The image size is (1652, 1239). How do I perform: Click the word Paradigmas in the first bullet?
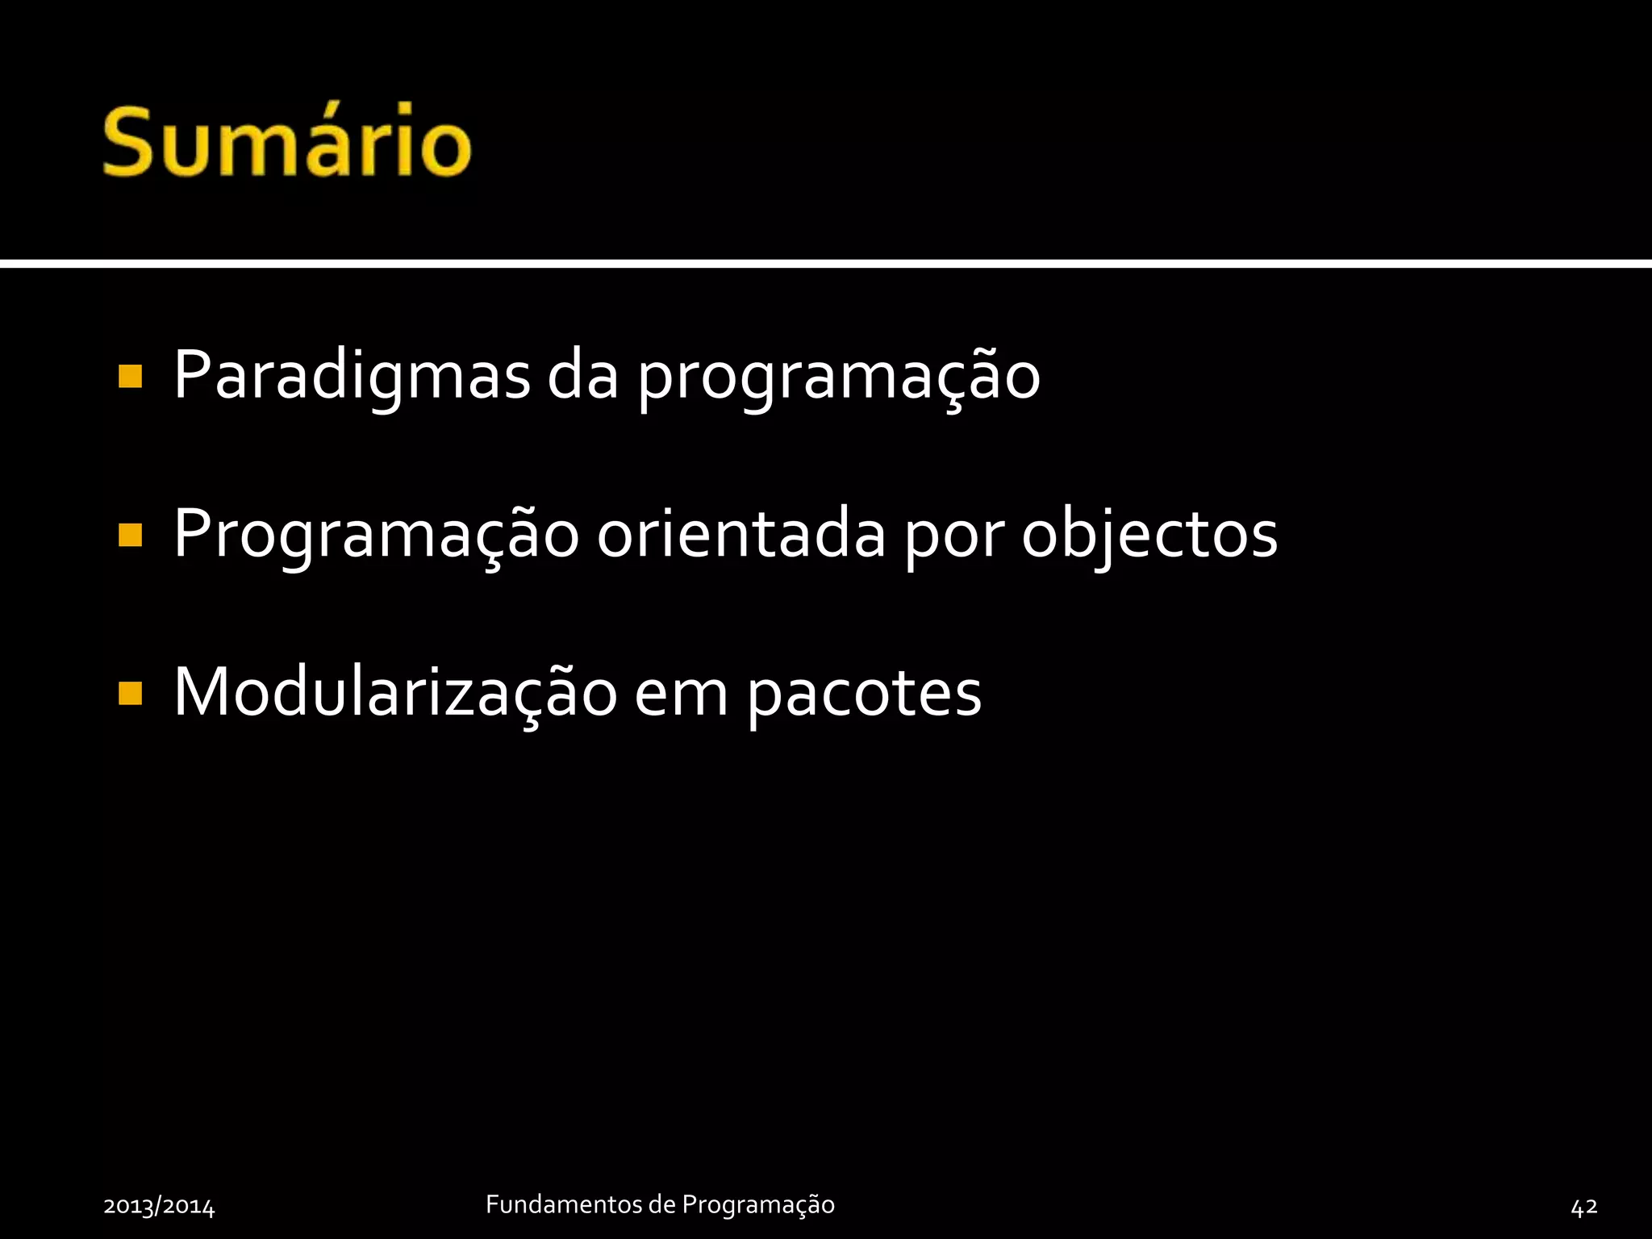point(352,375)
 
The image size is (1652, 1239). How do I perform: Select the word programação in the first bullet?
point(838,378)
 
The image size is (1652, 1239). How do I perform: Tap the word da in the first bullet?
point(582,375)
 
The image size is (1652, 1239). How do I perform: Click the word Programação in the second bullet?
point(376,535)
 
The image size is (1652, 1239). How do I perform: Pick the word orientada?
point(741,533)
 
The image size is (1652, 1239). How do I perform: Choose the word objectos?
point(1149,535)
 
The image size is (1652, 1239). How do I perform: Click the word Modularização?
point(395,692)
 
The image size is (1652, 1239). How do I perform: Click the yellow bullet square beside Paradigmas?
point(130,377)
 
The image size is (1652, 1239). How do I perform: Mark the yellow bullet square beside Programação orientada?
point(130,535)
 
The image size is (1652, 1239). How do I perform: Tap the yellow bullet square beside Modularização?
point(130,693)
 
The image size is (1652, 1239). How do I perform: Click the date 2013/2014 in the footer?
point(159,1206)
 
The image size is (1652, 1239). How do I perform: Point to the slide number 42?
point(1584,1206)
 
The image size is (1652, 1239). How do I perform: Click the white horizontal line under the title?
point(826,264)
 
